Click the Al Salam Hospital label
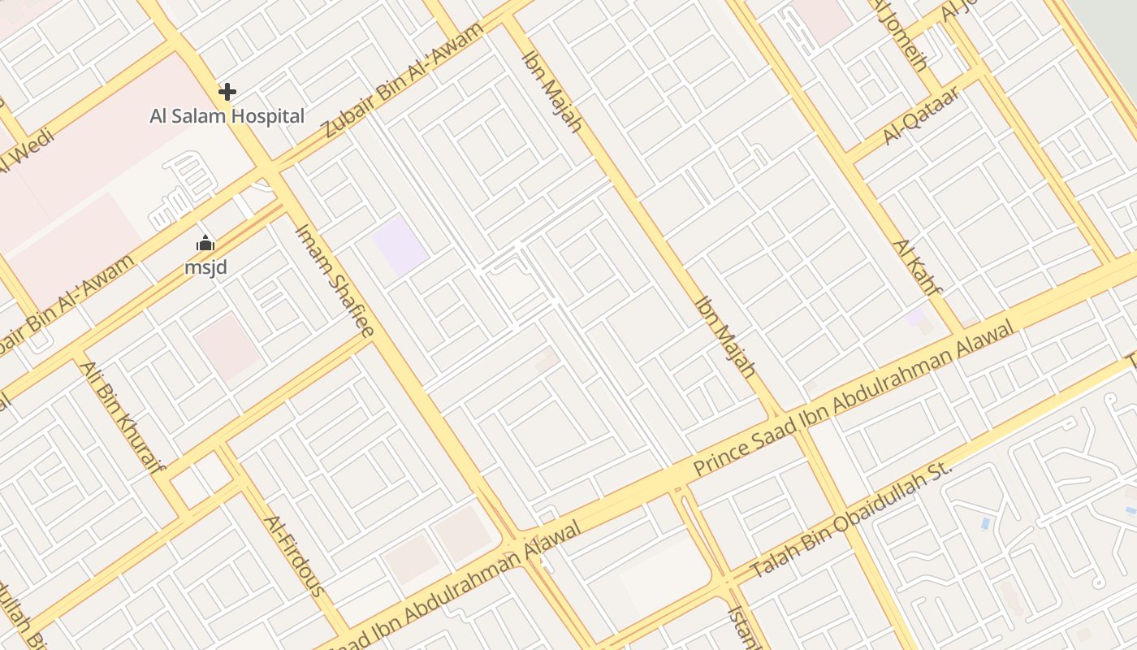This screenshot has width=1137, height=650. tap(227, 116)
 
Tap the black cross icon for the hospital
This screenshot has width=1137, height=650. tap(227, 92)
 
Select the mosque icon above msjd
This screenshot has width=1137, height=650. tap(205, 243)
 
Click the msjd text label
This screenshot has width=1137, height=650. tap(205, 266)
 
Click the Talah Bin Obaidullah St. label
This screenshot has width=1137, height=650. tap(850, 521)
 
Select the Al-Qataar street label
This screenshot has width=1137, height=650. tap(922, 116)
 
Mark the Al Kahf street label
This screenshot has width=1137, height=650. tap(917, 267)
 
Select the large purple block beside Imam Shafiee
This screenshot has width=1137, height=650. tap(400, 245)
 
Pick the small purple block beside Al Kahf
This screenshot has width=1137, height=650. tap(916, 317)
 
